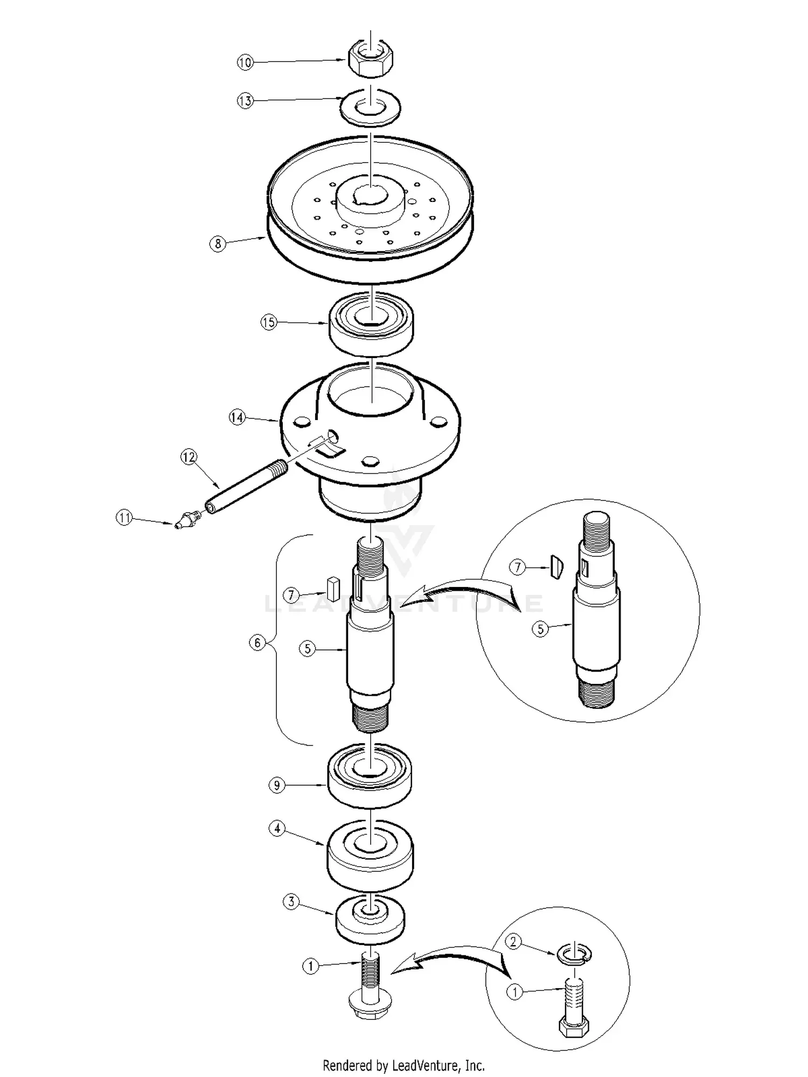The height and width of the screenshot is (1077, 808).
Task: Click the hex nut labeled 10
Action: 371,59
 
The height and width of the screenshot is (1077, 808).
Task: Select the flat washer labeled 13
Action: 370,107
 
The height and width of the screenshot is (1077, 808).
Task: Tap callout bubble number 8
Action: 218,244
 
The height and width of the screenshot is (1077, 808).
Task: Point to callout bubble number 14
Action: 237,417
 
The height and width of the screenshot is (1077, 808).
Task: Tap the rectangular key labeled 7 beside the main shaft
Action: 332,589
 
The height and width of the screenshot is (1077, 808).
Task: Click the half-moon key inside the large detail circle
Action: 556,567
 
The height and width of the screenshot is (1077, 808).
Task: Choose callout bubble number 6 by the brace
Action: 257,642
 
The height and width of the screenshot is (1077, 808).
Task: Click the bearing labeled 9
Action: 370,777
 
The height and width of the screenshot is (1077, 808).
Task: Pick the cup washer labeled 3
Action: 370,920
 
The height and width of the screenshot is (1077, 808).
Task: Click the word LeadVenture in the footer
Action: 425,1065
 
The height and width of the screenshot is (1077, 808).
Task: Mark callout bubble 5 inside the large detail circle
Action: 540,629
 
